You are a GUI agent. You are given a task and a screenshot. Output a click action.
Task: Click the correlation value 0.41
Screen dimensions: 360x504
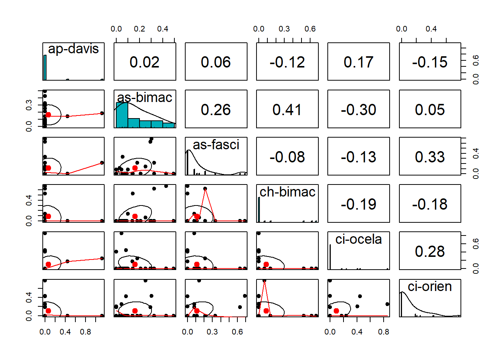287,109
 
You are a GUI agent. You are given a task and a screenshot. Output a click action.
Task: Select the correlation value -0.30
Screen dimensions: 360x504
358,109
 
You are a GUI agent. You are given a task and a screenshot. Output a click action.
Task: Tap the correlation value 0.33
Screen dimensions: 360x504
430,157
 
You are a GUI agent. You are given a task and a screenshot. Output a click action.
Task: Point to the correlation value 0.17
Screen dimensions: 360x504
358,62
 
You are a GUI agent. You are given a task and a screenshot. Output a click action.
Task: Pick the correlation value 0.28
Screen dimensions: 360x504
430,251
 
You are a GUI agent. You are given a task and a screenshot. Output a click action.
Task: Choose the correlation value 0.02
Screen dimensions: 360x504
144,62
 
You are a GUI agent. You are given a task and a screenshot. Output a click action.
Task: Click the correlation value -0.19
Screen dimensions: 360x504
358,204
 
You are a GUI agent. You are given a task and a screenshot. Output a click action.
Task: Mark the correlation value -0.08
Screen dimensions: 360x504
287,157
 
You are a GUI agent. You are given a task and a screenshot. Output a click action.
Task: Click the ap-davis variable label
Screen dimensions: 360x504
73,49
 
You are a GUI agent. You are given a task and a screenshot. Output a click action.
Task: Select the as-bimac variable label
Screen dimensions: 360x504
145,97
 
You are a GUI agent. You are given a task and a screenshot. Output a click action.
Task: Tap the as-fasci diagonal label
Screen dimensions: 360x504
216,145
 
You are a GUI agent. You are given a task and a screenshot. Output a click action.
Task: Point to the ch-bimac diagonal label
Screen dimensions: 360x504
287,192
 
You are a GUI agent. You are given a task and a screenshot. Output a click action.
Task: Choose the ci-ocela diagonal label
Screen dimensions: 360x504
358,239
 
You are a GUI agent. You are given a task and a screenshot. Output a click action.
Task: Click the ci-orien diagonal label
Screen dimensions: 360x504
430,286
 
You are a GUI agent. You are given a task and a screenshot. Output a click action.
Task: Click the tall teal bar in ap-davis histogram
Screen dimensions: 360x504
45,67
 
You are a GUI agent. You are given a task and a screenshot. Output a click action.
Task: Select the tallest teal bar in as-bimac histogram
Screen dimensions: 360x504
122,115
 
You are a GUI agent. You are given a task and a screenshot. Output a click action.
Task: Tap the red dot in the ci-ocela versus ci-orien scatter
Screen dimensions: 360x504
336,311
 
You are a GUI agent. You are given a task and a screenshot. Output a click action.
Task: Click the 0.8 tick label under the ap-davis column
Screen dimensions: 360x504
85,332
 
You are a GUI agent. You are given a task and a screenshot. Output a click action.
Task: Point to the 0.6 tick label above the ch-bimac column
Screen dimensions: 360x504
310,29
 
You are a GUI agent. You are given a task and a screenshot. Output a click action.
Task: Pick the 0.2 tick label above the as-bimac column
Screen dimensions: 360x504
139,29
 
